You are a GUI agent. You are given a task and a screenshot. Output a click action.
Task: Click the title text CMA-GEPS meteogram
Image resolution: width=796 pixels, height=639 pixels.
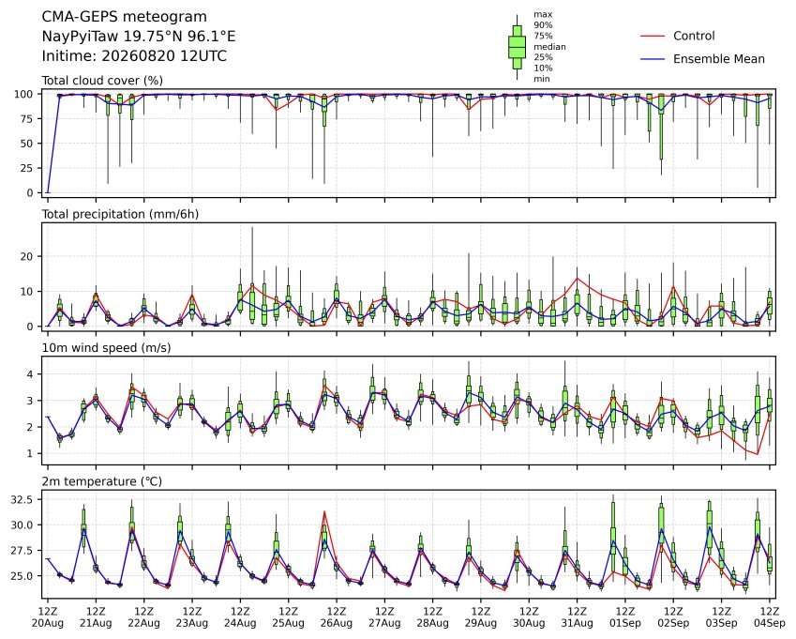[125, 17]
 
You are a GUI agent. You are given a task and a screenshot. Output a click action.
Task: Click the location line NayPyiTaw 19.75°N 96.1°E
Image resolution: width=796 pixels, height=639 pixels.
[139, 37]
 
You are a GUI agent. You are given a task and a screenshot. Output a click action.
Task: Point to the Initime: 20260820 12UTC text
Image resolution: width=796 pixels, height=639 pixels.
[134, 56]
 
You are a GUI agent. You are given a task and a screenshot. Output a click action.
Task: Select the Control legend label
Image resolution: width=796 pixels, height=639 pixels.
[694, 36]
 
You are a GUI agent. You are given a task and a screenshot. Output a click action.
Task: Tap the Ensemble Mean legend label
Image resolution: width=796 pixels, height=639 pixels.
[719, 59]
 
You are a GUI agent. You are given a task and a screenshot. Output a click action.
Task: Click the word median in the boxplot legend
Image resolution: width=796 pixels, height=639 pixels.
[549, 47]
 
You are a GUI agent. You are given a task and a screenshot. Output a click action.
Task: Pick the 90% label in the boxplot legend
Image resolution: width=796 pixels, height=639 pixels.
[543, 25]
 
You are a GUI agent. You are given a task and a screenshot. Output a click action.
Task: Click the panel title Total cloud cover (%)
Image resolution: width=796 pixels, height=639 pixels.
[102, 81]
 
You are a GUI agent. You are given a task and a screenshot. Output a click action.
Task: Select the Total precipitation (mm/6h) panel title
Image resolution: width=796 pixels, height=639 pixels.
[120, 214]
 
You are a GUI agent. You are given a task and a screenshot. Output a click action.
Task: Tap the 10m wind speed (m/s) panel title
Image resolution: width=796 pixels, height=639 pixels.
[106, 348]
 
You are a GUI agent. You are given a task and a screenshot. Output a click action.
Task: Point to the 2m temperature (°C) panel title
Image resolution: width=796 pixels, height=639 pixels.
[101, 481]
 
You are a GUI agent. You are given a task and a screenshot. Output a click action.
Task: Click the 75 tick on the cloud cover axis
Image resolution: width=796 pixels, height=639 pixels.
[27, 119]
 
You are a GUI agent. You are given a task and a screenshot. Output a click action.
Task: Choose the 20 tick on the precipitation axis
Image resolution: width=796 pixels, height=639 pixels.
[27, 256]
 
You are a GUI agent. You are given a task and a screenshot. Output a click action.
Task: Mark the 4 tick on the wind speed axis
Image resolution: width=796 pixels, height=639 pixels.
[30, 374]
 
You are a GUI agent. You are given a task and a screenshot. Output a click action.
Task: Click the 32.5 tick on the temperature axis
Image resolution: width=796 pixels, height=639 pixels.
[22, 500]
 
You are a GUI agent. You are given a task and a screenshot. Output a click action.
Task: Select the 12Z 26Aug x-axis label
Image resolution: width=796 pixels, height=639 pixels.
[336, 617]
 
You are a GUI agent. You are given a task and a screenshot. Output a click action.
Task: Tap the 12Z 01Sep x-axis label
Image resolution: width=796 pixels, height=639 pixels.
[625, 617]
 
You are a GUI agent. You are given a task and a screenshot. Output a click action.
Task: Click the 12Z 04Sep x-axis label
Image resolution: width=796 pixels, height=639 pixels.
[769, 617]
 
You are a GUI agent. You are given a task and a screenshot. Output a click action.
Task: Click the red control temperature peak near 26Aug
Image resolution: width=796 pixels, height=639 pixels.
[324, 511]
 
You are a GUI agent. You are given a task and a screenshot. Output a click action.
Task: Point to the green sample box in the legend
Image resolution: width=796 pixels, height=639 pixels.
[517, 47]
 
